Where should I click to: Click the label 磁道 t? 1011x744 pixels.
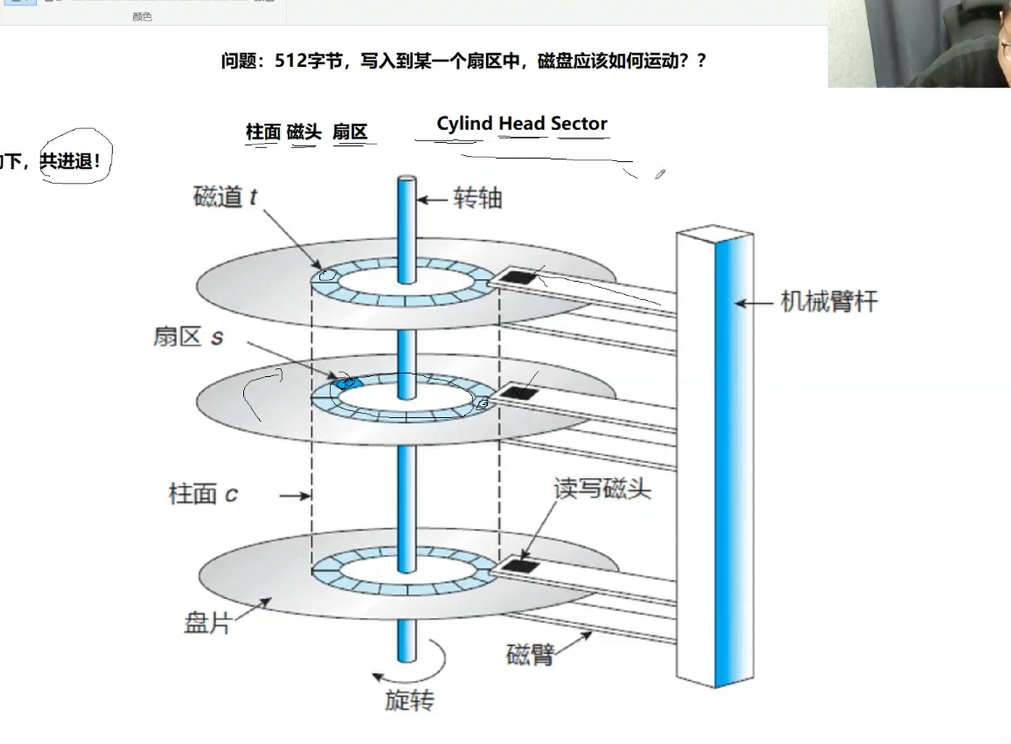point(225,198)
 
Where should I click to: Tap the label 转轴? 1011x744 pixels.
point(478,198)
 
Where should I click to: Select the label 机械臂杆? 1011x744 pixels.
point(829,302)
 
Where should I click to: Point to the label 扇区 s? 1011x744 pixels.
point(188,336)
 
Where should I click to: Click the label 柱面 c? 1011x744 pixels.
point(203,494)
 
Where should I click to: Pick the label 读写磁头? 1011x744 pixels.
point(602,488)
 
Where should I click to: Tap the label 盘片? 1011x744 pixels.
point(207,622)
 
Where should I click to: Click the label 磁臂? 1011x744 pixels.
point(529,654)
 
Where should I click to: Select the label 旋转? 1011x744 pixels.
point(409,700)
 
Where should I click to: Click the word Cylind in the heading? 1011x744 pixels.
point(464,124)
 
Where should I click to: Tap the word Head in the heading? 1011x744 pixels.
point(522,124)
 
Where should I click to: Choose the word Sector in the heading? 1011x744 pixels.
point(579,124)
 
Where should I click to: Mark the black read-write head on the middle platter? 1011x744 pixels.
point(520,393)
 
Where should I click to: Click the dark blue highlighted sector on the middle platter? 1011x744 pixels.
point(346,382)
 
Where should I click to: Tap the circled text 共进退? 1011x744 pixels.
point(70,161)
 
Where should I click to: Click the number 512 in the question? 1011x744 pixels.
point(290,61)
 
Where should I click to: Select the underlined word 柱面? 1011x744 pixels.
point(263,132)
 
